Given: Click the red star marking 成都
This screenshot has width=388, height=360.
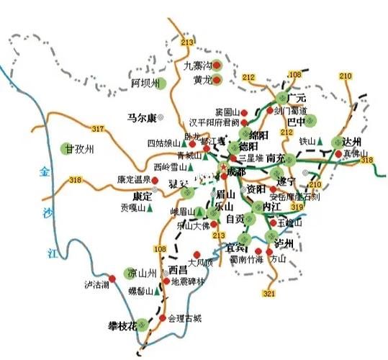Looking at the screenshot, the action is [222, 171].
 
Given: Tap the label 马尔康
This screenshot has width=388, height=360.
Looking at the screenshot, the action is [141, 117].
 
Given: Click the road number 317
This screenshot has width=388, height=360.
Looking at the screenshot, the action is [99, 129].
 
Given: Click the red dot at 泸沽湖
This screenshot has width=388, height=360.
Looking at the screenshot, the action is [112, 278].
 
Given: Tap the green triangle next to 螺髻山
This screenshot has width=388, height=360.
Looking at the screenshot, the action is [158, 292].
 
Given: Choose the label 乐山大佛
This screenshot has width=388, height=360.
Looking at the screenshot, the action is [192, 225].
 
